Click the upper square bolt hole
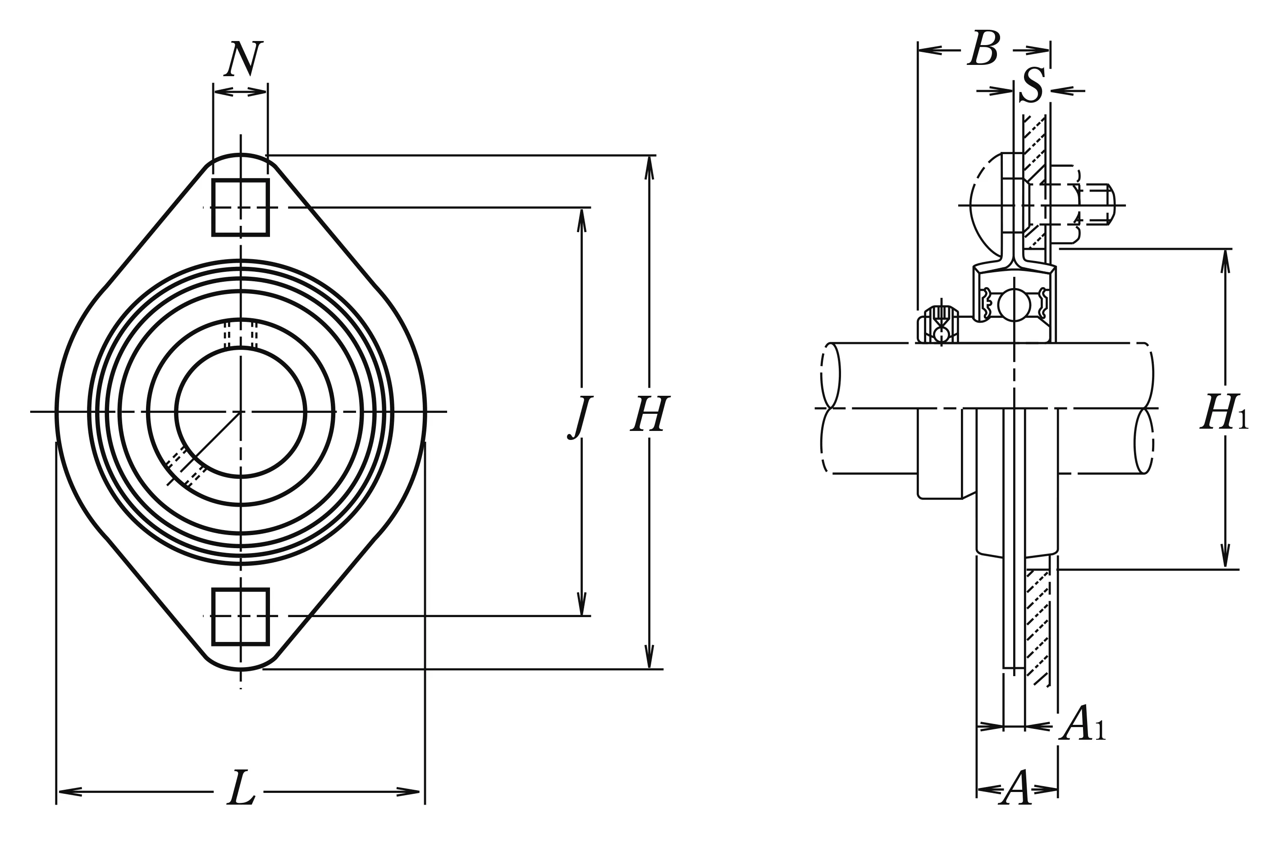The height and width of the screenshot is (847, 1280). pos(241,207)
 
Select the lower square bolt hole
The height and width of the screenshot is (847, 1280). pos(241,617)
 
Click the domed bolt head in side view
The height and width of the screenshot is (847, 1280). pos(986,205)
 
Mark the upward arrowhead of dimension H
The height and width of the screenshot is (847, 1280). pos(649,167)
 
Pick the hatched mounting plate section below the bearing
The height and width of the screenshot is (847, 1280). pos(1038,627)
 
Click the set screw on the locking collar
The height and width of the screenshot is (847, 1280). pos(942,316)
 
